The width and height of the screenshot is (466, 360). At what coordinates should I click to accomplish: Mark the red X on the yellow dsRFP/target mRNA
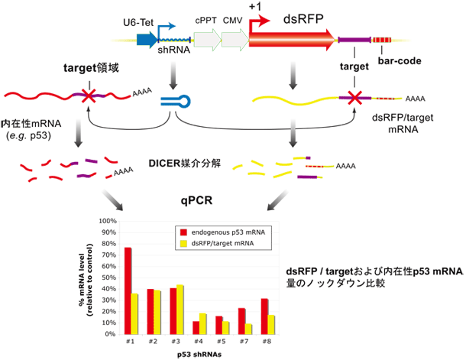[354, 98]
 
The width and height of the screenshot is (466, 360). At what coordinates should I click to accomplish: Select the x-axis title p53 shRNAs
[199, 354]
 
